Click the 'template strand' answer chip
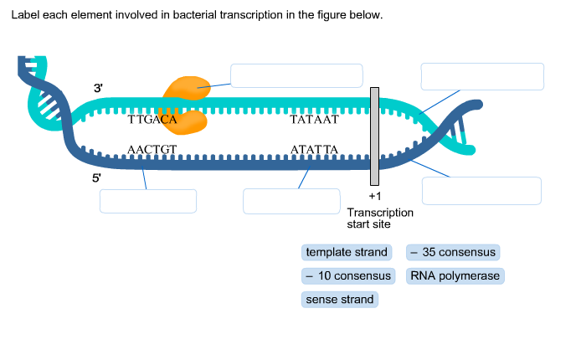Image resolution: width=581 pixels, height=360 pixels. pyautogui.click(x=347, y=252)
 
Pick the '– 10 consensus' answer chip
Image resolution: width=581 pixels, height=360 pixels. pyautogui.click(x=348, y=275)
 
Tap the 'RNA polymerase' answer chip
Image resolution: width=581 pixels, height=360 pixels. pyautogui.click(x=455, y=275)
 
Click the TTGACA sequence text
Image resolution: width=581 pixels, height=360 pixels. pyautogui.click(x=152, y=120)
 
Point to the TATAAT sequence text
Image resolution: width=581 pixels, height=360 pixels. pyautogui.click(x=314, y=120)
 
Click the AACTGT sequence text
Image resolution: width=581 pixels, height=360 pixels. pyautogui.click(x=152, y=150)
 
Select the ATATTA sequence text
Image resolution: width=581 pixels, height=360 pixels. pyautogui.click(x=314, y=150)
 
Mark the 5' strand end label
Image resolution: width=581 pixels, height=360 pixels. pyautogui.click(x=97, y=178)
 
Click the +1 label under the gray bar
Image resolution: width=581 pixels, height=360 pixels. pyautogui.click(x=374, y=196)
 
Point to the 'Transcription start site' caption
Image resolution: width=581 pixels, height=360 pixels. pyautogui.click(x=379, y=219)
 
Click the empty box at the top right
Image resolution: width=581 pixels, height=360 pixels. pyautogui.click(x=482, y=76)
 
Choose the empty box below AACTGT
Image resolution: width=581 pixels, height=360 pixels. pyautogui.click(x=147, y=201)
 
